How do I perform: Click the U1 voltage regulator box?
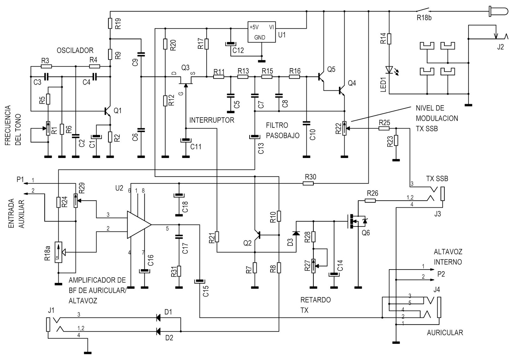point(262,32)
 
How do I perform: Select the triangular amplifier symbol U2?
point(138,224)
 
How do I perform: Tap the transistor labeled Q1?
point(108,111)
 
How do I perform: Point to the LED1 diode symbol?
point(389,69)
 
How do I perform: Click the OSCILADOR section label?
point(75,50)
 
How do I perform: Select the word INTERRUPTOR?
point(212,120)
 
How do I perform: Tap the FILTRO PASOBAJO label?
point(282,130)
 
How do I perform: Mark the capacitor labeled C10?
point(306,123)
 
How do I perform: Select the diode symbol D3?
point(296,234)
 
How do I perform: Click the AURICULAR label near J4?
point(445,333)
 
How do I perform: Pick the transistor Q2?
point(257,235)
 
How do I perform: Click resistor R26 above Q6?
point(370,201)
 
